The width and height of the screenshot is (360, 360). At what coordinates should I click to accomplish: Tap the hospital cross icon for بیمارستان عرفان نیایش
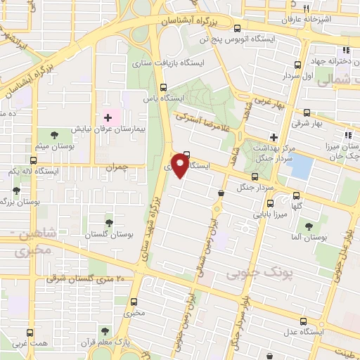tap(108, 117)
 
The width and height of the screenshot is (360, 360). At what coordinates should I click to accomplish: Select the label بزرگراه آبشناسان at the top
tap(190, 20)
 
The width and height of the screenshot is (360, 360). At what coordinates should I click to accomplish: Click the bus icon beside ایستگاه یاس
tap(163, 89)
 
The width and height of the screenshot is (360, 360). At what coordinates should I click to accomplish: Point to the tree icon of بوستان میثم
tap(55, 134)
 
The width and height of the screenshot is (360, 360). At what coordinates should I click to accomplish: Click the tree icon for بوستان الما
tap(309, 226)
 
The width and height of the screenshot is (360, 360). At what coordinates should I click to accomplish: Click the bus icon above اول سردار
tap(297, 63)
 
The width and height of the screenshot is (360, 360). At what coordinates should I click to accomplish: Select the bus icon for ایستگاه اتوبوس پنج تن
tap(237, 29)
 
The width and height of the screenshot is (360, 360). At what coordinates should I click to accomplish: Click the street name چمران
tap(116, 167)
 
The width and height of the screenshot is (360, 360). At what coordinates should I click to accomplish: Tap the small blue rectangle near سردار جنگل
tap(301, 166)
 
